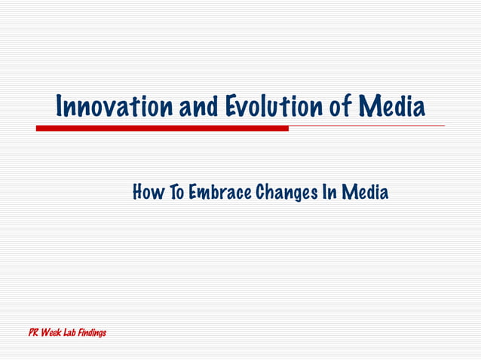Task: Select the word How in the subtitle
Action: coord(146,193)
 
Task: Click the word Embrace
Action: coord(219,193)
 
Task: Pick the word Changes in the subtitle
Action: coord(286,193)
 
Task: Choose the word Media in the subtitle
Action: coord(366,193)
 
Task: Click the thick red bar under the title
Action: coord(162,128)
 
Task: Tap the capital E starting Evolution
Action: coord(231,107)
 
